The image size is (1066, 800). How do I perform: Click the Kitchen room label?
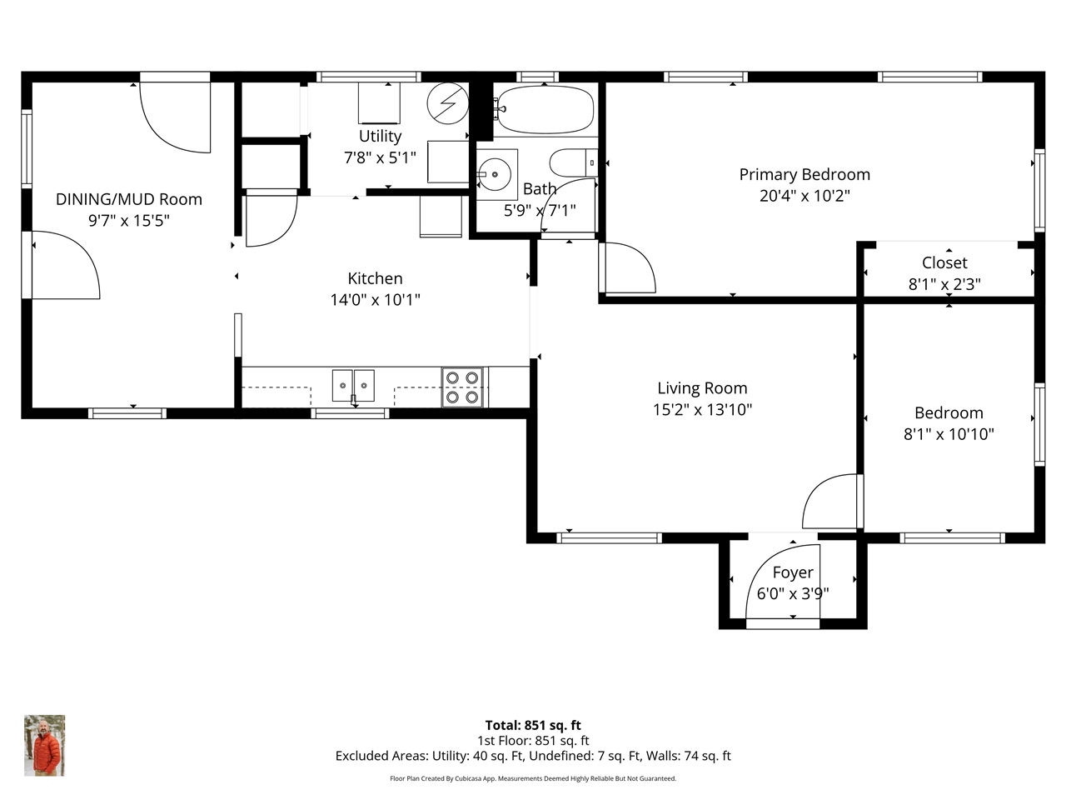[x=375, y=278]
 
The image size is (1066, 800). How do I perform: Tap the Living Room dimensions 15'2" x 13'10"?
[x=702, y=409]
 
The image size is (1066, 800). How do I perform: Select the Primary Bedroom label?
[x=804, y=174]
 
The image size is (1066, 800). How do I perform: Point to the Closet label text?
[x=944, y=262]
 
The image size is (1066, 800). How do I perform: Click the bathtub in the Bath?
[x=545, y=110]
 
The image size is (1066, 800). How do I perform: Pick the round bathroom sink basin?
[x=495, y=174]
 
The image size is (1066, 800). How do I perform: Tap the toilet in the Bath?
[x=574, y=162]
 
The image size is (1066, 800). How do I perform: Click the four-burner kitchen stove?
[x=462, y=387]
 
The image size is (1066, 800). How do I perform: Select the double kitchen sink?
[x=353, y=386]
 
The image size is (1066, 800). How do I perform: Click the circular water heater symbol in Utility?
[x=447, y=103]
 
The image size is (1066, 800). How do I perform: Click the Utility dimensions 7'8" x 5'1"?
[x=380, y=157]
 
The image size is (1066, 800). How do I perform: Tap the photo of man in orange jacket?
[x=45, y=745]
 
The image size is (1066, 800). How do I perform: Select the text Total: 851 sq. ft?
[x=533, y=725]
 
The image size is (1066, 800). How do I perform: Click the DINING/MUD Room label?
[x=129, y=199]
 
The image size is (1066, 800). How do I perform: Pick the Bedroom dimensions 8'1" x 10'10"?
[x=949, y=434]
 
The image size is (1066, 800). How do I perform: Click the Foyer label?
[x=793, y=572]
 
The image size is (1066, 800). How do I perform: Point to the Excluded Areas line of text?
[x=533, y=756]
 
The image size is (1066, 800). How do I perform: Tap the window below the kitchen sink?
[x=350, y=413]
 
